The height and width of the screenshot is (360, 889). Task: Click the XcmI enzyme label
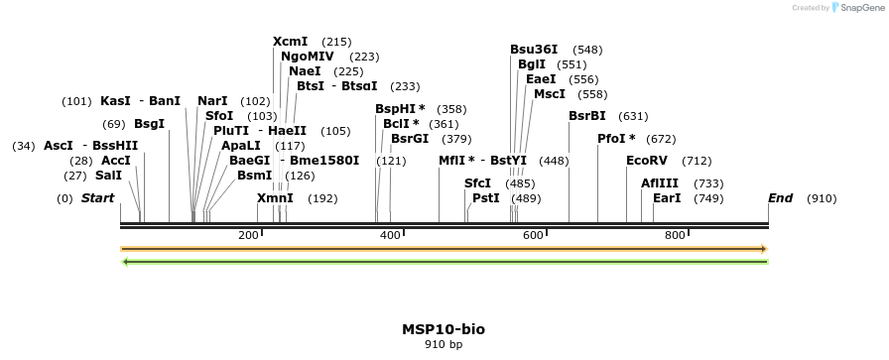291,42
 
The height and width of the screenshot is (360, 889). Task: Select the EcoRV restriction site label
647,161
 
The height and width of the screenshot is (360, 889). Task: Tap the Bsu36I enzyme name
534,50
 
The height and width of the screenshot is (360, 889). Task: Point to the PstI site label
486,198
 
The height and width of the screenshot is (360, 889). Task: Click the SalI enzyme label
108,176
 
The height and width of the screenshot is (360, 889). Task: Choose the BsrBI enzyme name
586,116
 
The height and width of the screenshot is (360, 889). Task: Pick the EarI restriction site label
667,198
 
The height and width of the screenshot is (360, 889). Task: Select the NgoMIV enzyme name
308,57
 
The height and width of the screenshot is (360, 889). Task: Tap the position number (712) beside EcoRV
697,161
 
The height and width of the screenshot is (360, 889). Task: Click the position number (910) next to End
822,198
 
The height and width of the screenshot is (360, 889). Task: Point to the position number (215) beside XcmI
336,42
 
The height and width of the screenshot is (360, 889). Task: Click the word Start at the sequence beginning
97,198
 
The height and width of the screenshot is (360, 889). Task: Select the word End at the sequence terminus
780,198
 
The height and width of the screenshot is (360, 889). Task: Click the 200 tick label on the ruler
248,235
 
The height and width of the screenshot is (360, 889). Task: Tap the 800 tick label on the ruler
676,235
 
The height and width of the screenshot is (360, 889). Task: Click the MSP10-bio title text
444,329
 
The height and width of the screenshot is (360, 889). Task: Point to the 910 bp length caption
444,345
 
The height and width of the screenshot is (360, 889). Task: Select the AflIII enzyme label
660,183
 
